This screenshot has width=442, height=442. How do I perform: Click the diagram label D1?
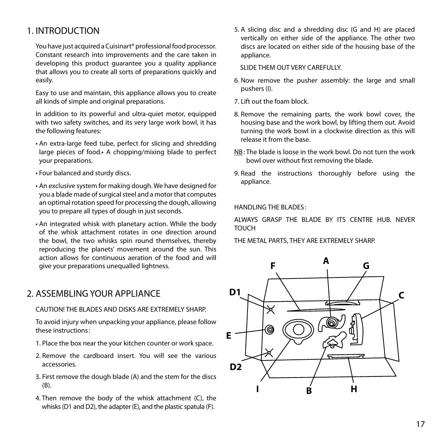[x=235, y=292]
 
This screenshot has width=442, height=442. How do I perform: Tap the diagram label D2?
[x=235, y=366]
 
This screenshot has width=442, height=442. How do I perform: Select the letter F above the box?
[x=273, y=266]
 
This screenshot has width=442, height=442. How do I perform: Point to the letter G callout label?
[x=366, y=266]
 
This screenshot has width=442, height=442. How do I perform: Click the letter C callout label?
[x=401, y=296]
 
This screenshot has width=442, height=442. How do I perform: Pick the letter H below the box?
[x=354, y=389]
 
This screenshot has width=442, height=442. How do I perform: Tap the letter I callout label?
[x=257, y=389]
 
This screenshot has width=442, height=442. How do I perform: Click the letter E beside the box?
[x=229, y=336]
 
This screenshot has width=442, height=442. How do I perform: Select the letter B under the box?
[x=309, y=391]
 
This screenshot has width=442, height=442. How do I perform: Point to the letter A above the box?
[x=326, y=261]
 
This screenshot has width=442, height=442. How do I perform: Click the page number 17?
[x=420, y=424]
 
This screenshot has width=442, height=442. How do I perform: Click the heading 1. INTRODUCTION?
[x=63, y=31]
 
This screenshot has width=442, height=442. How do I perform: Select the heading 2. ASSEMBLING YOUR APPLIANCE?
[x=94, y=293]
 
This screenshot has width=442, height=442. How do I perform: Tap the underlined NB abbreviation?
[x=238, y=152]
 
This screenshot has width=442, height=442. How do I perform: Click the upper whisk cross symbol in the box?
[x=271, y=309]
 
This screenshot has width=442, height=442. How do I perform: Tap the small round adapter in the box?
[x=270, y=329]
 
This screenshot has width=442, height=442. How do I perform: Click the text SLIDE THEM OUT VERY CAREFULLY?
[x=291, y=68]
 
